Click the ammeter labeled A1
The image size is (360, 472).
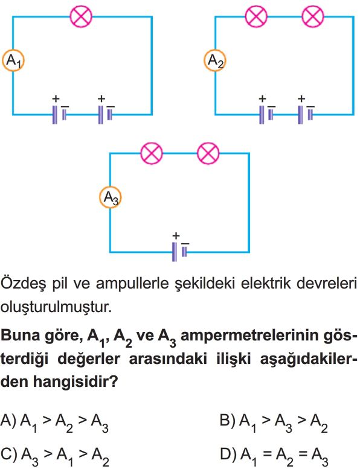(x=13, y=60)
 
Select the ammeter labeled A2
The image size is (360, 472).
(x=215, y=60)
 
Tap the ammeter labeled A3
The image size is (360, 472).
(x=111, y=197)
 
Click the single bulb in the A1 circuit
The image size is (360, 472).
(x=81, y=16)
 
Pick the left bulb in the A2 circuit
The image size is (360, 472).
(x=256, y=16)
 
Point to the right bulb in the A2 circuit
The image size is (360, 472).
(x=313, y=16)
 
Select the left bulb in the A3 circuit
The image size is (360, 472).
(x=152, y=153)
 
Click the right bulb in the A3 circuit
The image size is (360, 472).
(x=208, y=153)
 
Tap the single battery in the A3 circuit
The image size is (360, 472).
(x=180, y=252)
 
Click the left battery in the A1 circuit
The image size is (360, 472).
(x=59, y=115)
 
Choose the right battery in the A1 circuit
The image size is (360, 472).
(x=106, y=115)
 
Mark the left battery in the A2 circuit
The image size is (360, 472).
(x=266, y=115)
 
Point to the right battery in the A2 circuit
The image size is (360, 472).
(x=305, y=115)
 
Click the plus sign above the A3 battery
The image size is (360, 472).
(x=176, y=236)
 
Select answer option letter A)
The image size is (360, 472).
(x=8, y=420)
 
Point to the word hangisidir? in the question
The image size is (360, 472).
(x=75, y=381)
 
